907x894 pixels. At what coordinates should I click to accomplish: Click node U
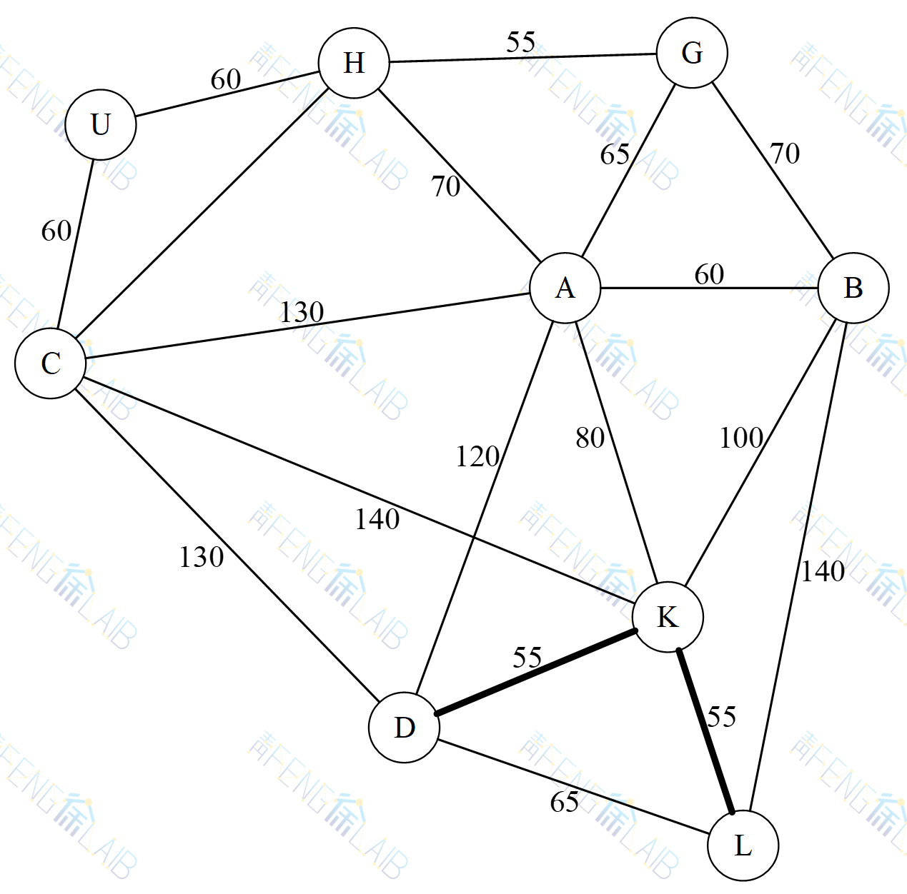point(101,124)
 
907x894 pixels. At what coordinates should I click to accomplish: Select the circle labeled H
point(354,63)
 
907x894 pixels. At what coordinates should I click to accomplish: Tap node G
point(692,53)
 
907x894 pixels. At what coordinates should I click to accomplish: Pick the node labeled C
point(51,363)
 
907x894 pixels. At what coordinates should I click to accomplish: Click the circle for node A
point(565,288)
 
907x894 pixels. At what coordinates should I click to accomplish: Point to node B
point(853,288)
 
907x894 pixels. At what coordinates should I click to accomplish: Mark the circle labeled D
point(405,728)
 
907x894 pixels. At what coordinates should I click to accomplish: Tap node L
point(743,845)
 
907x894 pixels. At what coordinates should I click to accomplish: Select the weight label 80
point(590,438)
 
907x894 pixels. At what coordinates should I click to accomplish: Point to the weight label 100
point(741,438)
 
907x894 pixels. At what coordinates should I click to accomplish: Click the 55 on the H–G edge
point(521,43)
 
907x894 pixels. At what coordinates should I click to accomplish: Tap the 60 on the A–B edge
point(709,274)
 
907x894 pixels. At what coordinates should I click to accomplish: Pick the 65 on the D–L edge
point(565,803)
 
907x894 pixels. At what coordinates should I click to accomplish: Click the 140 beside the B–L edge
point(823,571)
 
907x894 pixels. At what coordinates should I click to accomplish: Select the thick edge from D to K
point(536,672)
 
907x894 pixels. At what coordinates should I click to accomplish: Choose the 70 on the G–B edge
point(785,154)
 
